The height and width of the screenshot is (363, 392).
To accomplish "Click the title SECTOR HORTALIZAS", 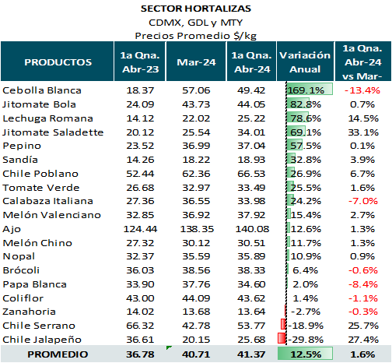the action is tap(196, 9).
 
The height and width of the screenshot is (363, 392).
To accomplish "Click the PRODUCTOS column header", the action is tap(58, 62).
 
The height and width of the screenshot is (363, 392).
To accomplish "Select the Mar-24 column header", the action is tap(196, 62).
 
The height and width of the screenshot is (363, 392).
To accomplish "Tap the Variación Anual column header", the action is tap(305, 62).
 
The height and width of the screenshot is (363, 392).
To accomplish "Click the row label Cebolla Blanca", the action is tap(42, 90).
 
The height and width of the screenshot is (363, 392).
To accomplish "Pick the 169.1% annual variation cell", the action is tap(306, 90).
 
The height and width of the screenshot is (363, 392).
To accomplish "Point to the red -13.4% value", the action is tap(362, 90).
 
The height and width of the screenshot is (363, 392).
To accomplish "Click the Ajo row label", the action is tap(12, 229).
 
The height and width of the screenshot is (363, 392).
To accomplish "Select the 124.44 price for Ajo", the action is tap(140, 229).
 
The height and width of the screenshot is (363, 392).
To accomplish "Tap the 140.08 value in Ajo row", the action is tap(252, 229).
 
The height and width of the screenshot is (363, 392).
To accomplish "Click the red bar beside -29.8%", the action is tap(282, 338).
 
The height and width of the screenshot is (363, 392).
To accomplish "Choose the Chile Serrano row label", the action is tap(39, 326).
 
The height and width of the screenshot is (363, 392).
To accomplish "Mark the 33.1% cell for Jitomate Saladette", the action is tap(363, 132).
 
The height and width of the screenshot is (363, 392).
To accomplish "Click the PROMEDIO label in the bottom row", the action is tap(58, 354).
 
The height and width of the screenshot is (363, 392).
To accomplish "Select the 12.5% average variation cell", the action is tap(306, 354).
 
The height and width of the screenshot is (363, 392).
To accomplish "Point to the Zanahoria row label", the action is tap(29, 312).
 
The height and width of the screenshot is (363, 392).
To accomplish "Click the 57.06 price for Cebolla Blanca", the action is tap(196, 90).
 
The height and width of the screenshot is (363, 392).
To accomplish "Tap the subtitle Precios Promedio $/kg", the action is tap(196, 36).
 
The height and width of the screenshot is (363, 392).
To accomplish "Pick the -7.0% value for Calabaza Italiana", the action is tap(363, 201).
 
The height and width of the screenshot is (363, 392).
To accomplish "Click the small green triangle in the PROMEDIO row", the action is tap(169, 347).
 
